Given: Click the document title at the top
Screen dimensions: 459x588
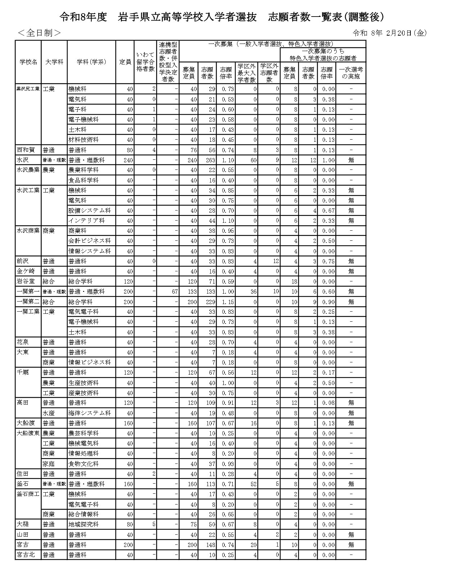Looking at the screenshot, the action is (222, 17).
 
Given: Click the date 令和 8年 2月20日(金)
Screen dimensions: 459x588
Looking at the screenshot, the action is (390, 33).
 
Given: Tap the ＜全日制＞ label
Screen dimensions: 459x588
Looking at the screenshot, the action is (39, 33).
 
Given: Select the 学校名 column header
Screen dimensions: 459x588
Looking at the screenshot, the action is (28, 62).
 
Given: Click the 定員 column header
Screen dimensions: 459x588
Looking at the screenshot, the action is (125, 62).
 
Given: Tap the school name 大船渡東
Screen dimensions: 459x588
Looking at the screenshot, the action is (28, 433).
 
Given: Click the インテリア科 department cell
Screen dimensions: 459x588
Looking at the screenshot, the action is (86, 221).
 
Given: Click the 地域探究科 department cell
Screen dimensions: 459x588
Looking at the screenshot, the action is (83, 524).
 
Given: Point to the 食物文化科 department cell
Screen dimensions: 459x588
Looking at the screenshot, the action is (83, 464).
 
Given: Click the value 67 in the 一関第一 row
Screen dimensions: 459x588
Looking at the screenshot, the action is (174, 291).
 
